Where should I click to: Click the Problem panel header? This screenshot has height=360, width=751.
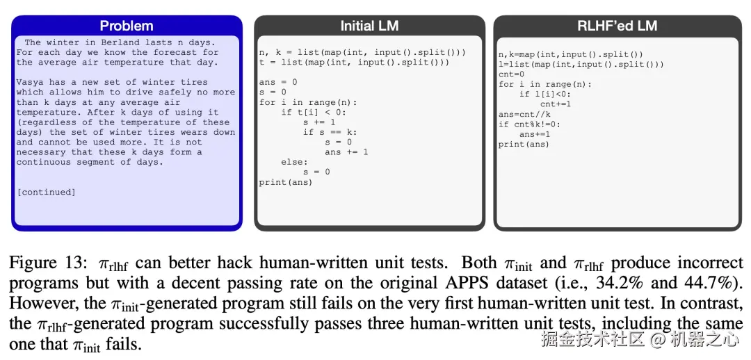127,26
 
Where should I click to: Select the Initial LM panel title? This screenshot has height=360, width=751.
369,26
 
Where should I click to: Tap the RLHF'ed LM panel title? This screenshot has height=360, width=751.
608,26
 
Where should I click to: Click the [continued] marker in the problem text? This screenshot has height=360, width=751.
46,192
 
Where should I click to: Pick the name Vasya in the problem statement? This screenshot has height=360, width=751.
30,82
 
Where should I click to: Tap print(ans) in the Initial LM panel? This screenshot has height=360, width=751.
285,182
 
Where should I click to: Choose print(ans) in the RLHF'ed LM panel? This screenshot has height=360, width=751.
524,145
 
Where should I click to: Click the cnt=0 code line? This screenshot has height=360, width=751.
511,74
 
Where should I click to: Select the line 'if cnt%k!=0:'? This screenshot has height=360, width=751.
529,124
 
